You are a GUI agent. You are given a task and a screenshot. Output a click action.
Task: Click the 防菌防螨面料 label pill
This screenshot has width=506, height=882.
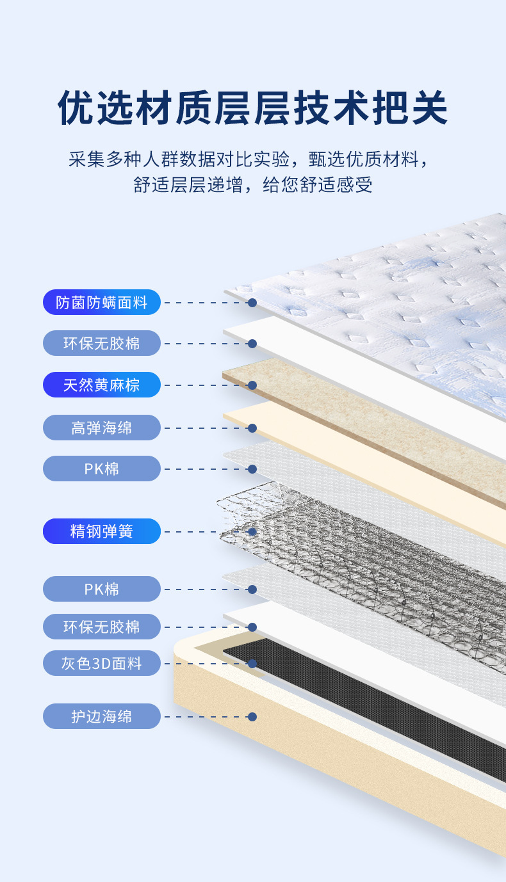(101, 302)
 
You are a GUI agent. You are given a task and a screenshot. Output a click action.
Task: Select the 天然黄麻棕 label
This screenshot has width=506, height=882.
(101, 385)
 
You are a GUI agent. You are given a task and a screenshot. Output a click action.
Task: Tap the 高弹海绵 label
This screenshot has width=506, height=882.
(101, 428)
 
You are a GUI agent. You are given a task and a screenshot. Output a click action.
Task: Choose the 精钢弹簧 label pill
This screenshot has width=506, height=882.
(101, 531)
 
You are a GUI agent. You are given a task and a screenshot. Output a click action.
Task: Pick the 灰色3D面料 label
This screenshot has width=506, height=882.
(101, 663)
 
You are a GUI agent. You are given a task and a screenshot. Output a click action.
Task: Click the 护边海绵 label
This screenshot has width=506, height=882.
(101, 716)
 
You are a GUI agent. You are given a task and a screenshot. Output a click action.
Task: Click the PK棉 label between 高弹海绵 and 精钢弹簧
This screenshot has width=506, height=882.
(101, 469)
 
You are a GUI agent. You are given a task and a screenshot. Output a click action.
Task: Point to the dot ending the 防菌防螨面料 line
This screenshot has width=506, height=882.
(252, 302)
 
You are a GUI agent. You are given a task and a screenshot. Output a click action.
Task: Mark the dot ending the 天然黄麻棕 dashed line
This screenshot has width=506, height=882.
(252, 385)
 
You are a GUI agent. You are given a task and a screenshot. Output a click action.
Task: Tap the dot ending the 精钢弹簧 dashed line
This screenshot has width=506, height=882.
(252, 531)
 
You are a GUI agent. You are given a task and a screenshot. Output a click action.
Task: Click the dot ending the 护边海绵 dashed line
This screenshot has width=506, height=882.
(252, 717)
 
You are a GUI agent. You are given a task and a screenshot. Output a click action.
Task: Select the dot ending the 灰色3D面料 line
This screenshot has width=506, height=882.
(252, 664)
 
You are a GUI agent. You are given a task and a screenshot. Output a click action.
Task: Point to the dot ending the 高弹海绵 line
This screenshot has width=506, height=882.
(252, 428)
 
